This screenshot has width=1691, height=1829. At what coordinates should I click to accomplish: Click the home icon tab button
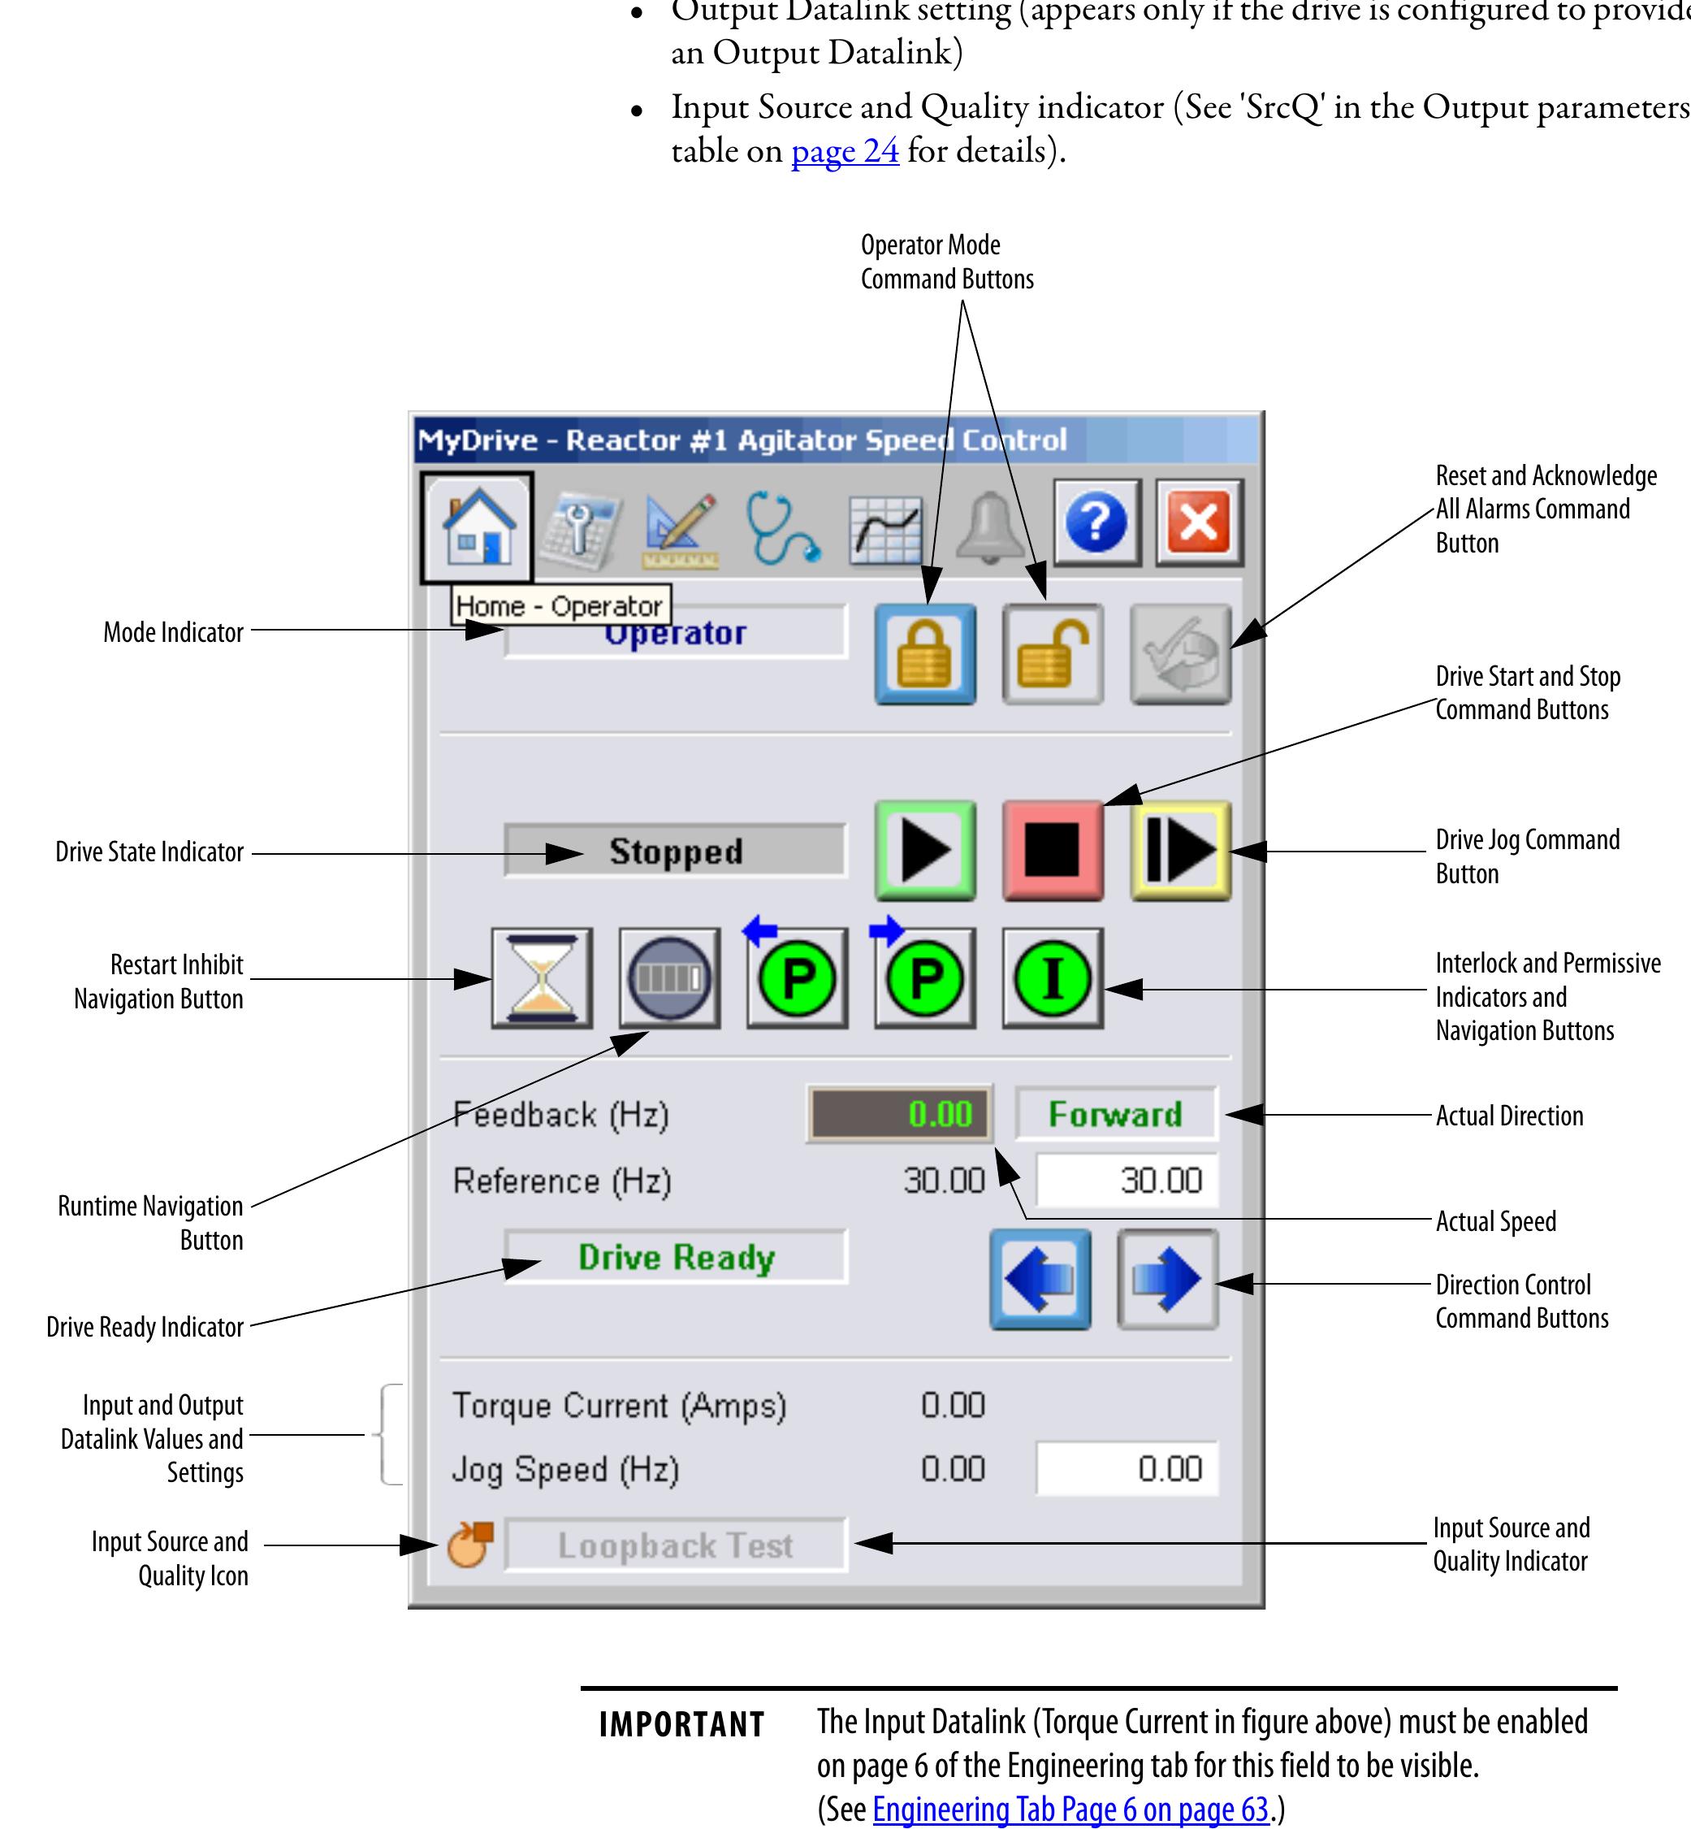coord(477,527)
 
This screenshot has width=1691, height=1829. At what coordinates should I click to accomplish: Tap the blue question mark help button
coord(1096,522)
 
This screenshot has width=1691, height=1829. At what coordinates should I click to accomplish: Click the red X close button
coord(1199,522)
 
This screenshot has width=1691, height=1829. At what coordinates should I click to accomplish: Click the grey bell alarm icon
coord(989,527)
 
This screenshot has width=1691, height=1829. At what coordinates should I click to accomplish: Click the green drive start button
coord(925,851)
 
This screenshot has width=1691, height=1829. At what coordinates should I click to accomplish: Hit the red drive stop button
coord(1053,851)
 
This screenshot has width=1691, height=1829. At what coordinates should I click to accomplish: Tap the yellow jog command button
coord(1180,851)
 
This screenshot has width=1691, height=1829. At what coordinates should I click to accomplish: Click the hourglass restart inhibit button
coord(542,977)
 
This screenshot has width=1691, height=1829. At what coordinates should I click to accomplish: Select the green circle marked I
coord(1053,977)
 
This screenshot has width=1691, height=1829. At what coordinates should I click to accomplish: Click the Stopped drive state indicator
coord(675,852)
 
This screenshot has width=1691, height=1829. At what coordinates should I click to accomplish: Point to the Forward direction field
coord(1115,1114)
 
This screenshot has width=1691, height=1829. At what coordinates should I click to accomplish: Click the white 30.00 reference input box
coord(1127,1181)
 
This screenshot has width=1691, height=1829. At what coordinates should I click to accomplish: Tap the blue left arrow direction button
coord(1040,1279)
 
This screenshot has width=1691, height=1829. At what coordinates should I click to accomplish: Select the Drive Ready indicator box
coord(675,1257)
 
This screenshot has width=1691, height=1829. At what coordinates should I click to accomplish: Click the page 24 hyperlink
coord(845,151)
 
